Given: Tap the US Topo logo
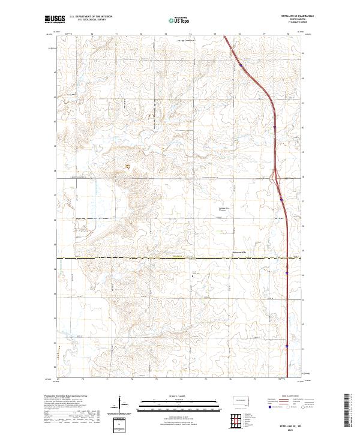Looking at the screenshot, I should click(173, 20).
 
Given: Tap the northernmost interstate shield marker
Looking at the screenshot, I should click(241, 65).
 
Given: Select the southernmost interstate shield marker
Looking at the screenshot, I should click(287, 346).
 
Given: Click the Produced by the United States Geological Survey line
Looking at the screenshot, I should click(65, 395).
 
